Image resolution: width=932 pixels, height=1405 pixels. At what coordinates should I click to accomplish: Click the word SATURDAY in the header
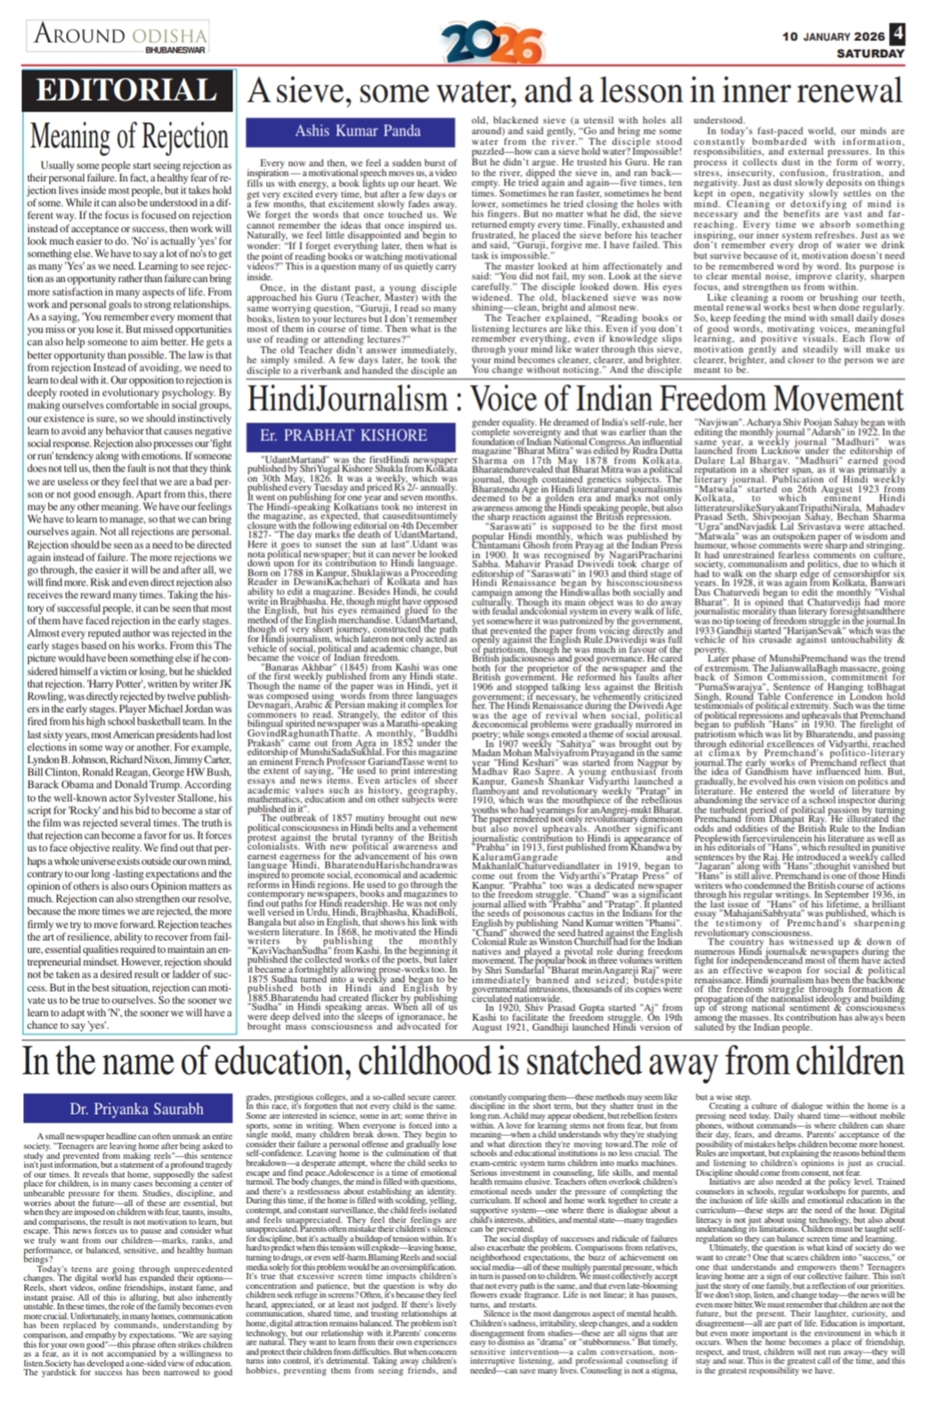(870, 53)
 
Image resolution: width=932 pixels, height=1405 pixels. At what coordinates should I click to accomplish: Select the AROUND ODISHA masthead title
(120, 35)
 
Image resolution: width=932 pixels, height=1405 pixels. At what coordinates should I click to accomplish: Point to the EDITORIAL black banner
(127, 91)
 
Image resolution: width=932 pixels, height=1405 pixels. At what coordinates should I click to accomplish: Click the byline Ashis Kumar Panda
(357, 131)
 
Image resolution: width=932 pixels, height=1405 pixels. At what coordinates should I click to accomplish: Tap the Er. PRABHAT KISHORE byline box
(343, 435)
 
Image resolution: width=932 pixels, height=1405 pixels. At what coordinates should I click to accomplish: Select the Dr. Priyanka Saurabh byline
(137, 1109)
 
